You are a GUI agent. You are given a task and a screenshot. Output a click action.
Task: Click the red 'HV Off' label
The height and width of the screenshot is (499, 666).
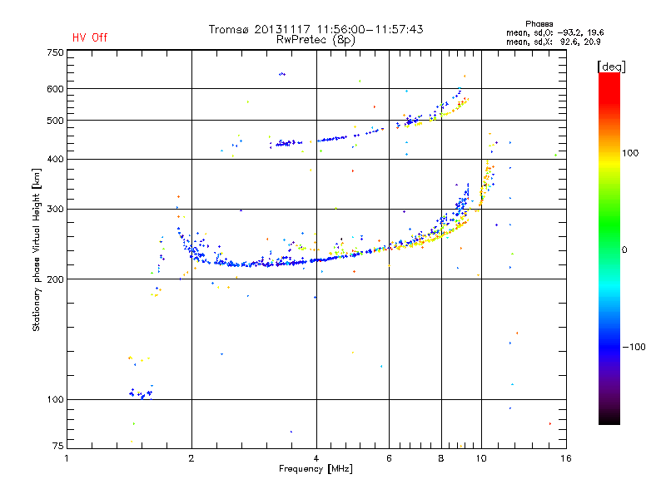pyautogui.click(x=90, y=37)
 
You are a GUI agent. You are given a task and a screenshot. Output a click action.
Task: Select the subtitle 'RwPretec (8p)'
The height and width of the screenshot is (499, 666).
pyautogui.click(x=316, y=40)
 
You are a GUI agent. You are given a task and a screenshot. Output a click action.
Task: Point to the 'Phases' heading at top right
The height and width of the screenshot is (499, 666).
pyautogui.click(x=539, y=24)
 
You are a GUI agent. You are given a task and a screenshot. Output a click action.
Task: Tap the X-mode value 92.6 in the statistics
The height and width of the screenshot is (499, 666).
pyautogui.click(x=572, y=42)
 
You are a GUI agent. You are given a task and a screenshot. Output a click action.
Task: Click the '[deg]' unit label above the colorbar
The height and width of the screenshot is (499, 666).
pyautogui.click(x=611, y=67)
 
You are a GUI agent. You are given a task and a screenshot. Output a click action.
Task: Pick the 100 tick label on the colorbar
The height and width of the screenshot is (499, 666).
pyautogui.click(x=630, y=153)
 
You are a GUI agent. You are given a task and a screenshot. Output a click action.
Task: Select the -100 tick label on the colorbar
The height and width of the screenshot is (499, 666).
pyautogui.click(x=634, y=347)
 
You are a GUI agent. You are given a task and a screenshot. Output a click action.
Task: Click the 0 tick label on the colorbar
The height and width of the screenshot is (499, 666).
pyautogui.click(x=624, y=250)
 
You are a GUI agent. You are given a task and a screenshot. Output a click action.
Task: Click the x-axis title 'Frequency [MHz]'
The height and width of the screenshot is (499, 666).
pyautogui.click(x=316, y=469)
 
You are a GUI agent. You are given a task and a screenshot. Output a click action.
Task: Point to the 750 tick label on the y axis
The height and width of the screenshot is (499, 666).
pyautogui.click(x=55, y=52)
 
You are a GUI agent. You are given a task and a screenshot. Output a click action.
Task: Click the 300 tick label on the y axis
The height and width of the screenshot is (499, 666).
pyautogui.click(x=55, y=210)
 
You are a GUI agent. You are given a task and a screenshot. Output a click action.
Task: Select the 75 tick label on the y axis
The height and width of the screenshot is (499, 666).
pyautogui.click(x=58, y=446)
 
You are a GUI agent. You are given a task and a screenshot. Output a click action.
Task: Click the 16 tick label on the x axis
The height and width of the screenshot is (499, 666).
pyautogui.click(x=566, y=458)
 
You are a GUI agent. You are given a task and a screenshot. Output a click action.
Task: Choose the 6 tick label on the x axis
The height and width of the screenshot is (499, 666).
pyautogui.click(x=389, y=458)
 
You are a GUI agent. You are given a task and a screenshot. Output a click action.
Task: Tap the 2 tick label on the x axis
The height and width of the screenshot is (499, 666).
pyautogui.click(x=191, y=458)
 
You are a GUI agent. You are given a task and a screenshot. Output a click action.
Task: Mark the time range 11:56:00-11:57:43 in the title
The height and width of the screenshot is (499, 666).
pyautogui.click(x=370, y=29)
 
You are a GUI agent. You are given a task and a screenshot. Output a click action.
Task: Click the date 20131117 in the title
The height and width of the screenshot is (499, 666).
pyautogui.click(x=282, y=29)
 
